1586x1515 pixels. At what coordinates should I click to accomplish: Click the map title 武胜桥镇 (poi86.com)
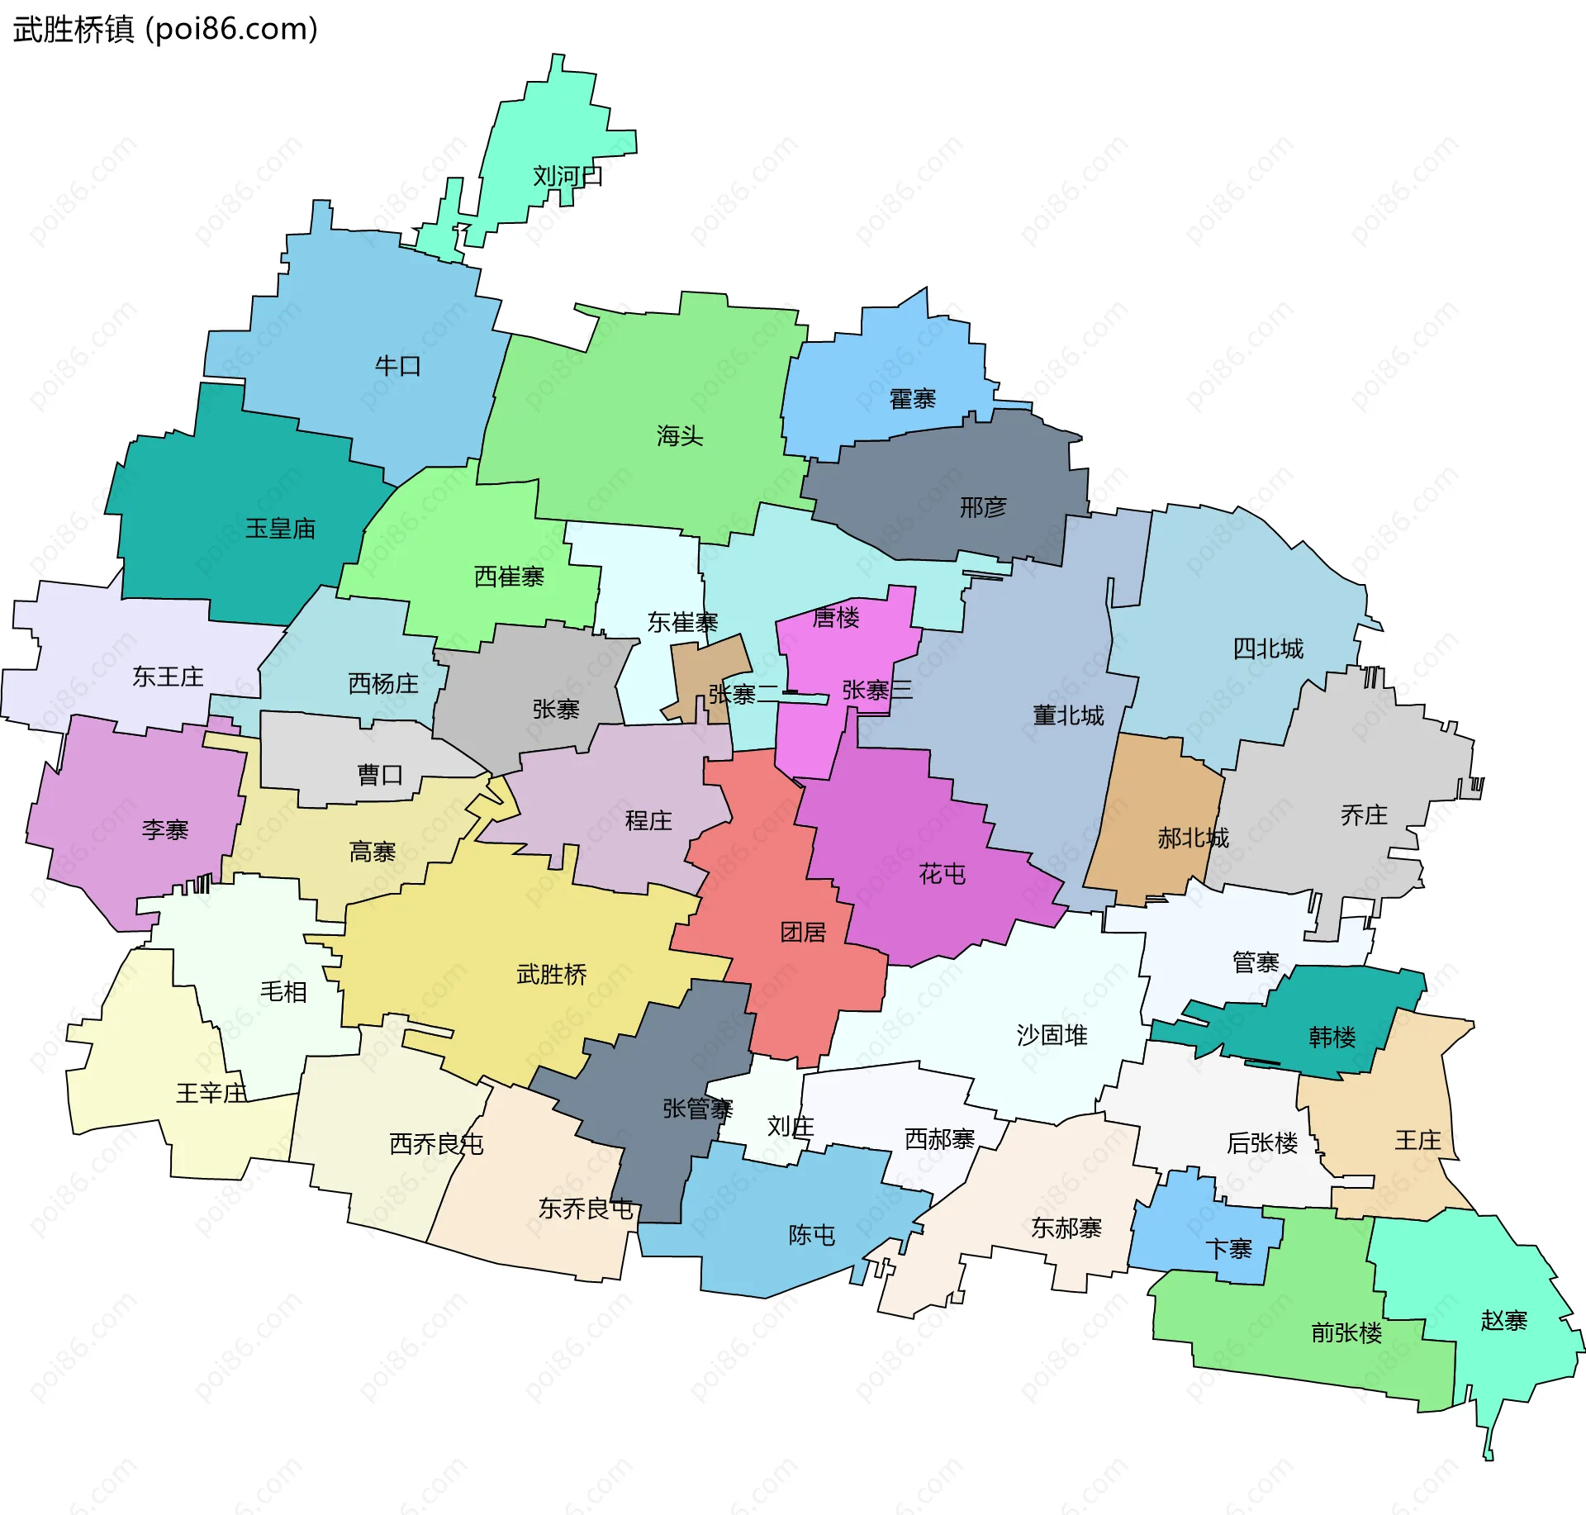pyautogui.click(x=165, y=30)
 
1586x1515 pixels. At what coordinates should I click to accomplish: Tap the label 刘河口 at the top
pyautogui.click(x=567, y=176)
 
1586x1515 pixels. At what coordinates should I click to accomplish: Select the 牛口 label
pyautogui.click(x=398, y=366)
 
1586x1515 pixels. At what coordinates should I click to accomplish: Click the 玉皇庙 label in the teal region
pyautogui.click(x=280, y=529)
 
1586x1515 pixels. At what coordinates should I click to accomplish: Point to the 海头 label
pyautogui.click(x=680, y=435)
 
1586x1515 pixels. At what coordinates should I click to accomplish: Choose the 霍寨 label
pyautogui.click(x=912, y=399)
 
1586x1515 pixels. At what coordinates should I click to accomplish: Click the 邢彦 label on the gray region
pyautogui.click(x=983, y=506)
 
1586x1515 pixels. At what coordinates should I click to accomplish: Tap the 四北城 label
pyautogui.click(x=1268, y=648)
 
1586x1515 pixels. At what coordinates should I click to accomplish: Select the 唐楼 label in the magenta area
pyautogui.click(x=836, y=617)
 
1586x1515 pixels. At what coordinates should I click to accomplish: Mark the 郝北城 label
pyautogui.click(x=1193, y=838)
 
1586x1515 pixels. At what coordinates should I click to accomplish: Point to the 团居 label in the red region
pyautogui.click(x=803, y=933)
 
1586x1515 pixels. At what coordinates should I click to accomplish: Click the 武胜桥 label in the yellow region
pyautogui.click(x=551, y=975)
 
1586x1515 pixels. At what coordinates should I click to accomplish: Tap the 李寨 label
pyautogui.click(x=165, y=829)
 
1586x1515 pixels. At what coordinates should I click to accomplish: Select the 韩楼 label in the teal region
pyautogui.click(x=1332, y=1037)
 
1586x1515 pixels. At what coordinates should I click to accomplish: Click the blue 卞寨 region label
pyautogui.click(x=1228, y=1249)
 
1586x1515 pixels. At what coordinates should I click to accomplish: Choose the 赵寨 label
pyautogui.click(x=1503, y=1320)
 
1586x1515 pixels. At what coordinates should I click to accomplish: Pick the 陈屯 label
pyautogui.click(x=811, y=1235)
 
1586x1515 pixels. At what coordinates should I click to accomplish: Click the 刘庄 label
pyautogui.click(x=791, y=1126)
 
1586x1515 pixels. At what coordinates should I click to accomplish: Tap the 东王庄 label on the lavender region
pyautogui.click(x=168, y=677)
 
